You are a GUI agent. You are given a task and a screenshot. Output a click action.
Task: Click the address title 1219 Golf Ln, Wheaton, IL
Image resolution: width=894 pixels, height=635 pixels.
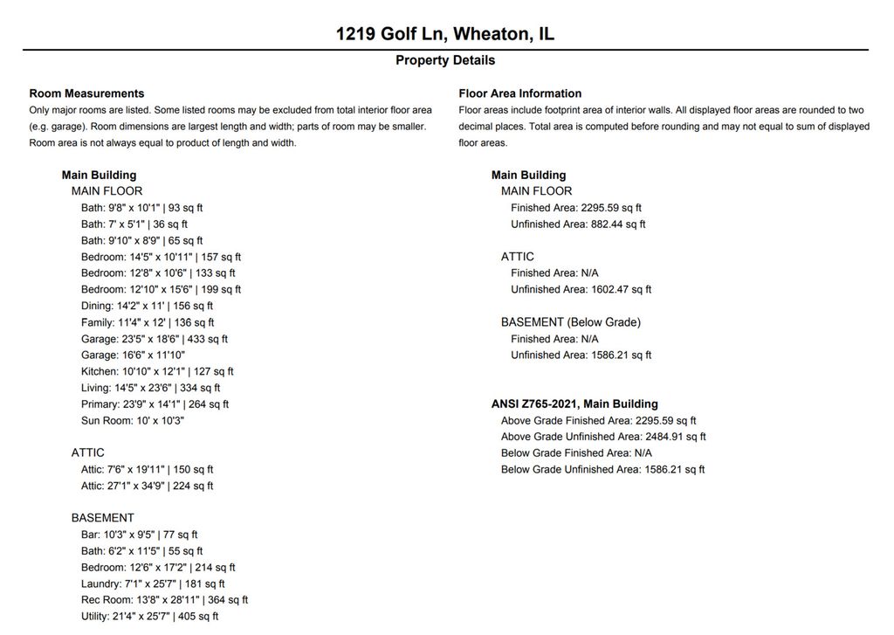click(445, 34)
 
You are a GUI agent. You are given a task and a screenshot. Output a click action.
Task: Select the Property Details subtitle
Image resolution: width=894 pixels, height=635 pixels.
click(445, 60)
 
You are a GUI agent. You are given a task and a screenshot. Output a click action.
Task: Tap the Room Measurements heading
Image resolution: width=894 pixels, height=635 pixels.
click(86, 93)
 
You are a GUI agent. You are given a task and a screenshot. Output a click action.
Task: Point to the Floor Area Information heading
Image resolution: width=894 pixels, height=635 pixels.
click(519, 93)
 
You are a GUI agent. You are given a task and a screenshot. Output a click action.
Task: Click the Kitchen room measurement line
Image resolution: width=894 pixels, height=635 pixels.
click(157, 371)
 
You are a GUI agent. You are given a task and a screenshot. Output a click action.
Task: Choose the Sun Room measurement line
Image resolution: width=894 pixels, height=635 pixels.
click(133, 420)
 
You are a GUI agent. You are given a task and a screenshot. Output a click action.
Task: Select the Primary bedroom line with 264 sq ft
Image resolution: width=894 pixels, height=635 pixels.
click(155, 404)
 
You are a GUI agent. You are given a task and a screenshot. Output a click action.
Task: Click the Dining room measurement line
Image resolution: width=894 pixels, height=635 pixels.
click(147, 306)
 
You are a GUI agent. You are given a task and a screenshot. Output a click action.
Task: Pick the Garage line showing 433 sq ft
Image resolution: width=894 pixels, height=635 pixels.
click(155, 339)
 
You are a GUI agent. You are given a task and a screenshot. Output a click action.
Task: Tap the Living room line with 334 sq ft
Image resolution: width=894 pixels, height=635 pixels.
click(150, 388)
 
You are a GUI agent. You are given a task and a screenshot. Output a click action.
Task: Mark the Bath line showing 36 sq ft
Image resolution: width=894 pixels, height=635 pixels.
click(134, 224)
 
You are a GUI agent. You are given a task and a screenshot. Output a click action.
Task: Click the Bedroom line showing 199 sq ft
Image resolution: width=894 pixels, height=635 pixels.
click(161, 289)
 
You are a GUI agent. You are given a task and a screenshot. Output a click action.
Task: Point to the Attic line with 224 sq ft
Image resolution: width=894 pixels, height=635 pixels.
click(147, 486)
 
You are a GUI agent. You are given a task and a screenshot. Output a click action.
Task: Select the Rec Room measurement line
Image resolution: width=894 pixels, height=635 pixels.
click(164, 600)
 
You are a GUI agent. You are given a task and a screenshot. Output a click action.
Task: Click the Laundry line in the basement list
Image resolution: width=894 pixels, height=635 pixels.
click(153, 583)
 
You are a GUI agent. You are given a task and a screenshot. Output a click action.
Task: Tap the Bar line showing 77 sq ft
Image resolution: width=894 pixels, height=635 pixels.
click(140, 535)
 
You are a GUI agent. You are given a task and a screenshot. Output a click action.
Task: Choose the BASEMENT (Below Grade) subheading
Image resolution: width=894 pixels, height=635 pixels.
click(570, 322)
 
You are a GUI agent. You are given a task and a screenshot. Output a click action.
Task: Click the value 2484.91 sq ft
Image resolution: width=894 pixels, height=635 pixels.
click(675, 437)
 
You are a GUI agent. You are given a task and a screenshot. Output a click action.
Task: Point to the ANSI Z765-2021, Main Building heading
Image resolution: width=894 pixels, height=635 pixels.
click(574, 404)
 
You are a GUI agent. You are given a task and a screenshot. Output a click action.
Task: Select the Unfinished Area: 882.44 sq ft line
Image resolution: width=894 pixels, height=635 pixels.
click(578, 224)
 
